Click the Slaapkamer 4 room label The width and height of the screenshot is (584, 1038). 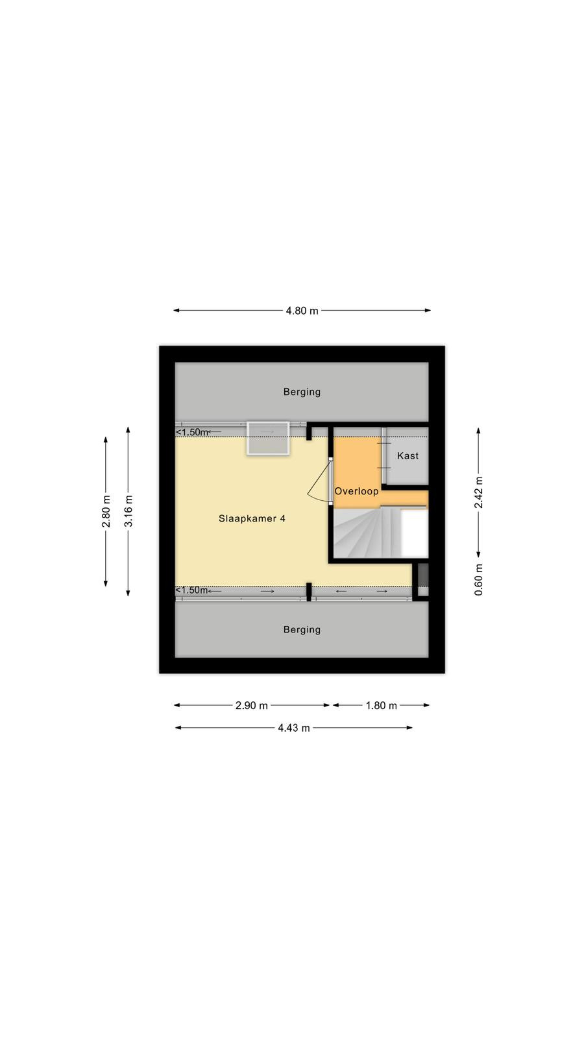click(252, 518)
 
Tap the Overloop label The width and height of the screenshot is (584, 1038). click(356, 491)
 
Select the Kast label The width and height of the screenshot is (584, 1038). click(408, 456)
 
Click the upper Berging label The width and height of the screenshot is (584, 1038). click(302, 392)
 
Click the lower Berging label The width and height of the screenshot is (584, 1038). click(302, 630)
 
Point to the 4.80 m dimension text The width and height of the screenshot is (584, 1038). click(302, 311)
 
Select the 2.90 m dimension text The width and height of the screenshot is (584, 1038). click(252, 706)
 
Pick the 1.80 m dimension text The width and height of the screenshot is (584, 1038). click(382, 706)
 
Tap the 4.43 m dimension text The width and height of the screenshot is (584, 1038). click(294, 728)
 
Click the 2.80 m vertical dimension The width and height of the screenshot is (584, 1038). click(106, 511)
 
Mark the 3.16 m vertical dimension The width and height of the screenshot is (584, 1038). click(128, 511)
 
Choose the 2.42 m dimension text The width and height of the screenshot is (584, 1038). click(478, 492)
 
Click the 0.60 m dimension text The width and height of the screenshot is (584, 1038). click(478, 580)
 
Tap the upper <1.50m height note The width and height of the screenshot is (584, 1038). click(192, 432)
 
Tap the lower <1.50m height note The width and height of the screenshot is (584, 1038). click(192, 590)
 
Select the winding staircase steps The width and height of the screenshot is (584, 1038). click(366, 533)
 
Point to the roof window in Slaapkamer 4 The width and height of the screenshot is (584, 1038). click(268, 439)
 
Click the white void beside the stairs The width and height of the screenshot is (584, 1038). click(414, 533)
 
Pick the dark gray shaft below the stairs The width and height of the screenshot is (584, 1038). click(422, 575)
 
